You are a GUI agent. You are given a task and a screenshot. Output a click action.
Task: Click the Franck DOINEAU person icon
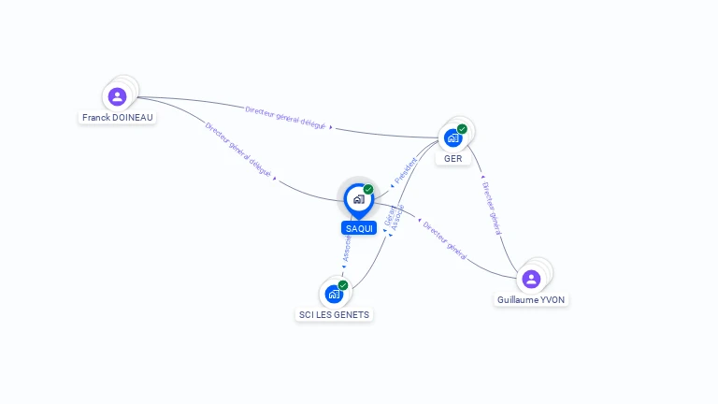tap(117, 96)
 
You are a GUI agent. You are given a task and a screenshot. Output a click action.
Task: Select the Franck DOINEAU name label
tap(118, 118)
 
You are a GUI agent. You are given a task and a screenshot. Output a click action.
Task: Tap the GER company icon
tap(452, 138)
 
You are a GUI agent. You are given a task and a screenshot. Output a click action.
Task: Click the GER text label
tap(453, 159)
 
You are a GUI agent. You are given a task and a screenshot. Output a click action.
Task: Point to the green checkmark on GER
tap(462, 129)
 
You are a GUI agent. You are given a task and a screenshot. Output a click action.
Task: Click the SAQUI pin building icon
tap(358, 198)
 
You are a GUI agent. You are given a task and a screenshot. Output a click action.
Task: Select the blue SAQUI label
tap(359, 228)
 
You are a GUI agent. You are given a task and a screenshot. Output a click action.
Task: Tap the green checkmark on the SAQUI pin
tap(368, 189)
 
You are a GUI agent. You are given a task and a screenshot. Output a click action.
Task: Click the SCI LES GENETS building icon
tap(334, 294)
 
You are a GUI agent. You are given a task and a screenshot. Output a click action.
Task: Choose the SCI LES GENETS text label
tap(334, 315)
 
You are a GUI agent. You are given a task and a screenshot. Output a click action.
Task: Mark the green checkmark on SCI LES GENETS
tap(343, 284)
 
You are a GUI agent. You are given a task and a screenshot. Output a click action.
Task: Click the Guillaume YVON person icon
tap(531, 279)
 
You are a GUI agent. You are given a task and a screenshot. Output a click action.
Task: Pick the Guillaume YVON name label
tap(531, 300)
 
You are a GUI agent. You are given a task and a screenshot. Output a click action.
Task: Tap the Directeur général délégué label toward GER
tap(285, 117)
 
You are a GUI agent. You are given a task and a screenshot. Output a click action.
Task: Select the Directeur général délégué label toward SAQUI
tap(237, 150)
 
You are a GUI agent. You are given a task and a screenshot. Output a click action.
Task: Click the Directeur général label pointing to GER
tap(492, 208)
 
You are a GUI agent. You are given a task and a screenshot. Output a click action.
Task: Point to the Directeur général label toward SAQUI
tap(444, 238)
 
